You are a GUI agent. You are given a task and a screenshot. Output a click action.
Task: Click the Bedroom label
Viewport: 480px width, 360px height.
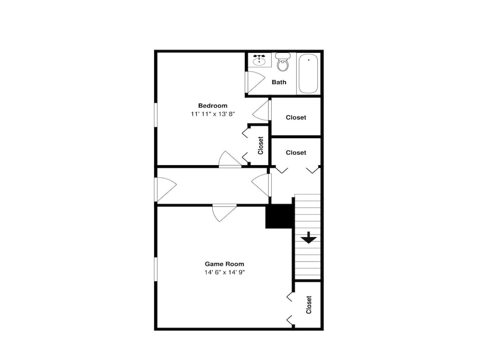point(213,106)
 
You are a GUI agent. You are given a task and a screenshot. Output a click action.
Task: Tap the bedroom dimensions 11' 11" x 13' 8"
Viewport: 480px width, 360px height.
point(213,114)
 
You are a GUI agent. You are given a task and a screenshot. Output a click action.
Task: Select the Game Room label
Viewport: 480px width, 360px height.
point(224,264)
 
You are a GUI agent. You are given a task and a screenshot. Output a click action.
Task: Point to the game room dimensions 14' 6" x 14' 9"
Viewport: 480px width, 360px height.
point(224,272)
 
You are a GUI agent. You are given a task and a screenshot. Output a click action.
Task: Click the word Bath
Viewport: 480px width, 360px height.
point(279,82)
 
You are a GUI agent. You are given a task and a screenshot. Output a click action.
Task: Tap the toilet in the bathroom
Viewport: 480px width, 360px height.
point(283,62)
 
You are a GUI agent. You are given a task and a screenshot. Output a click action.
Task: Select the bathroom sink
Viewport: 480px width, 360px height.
point(260,60)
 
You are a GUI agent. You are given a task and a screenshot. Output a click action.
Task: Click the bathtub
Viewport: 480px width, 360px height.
point(308,73)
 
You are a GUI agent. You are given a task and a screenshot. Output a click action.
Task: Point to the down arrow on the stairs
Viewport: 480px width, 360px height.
point(309,238)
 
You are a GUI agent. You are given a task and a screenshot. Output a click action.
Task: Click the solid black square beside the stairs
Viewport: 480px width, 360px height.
point(279,216)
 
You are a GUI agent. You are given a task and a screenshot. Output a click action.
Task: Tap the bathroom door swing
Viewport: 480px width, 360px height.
point(255,82)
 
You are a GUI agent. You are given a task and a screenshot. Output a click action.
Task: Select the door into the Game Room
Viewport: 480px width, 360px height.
point(224,213)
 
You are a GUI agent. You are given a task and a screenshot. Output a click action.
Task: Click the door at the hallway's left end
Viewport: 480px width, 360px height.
point(166,189)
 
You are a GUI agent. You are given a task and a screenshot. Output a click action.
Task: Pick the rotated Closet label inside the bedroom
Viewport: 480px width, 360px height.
point(261,145)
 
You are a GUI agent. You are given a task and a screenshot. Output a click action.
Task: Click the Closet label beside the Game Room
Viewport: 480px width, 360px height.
point(309,305)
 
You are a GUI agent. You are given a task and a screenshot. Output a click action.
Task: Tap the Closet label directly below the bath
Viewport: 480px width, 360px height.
point(296,117)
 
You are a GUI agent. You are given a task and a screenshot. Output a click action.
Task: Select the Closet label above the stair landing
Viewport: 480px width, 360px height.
point(296,153)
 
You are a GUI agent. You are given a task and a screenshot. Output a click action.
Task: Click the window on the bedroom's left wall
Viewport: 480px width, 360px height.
point(156,115)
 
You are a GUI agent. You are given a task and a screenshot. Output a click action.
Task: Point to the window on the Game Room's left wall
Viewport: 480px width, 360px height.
point(156,269)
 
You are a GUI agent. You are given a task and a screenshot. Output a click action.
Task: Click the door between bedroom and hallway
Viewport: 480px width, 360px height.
point(230,159)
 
